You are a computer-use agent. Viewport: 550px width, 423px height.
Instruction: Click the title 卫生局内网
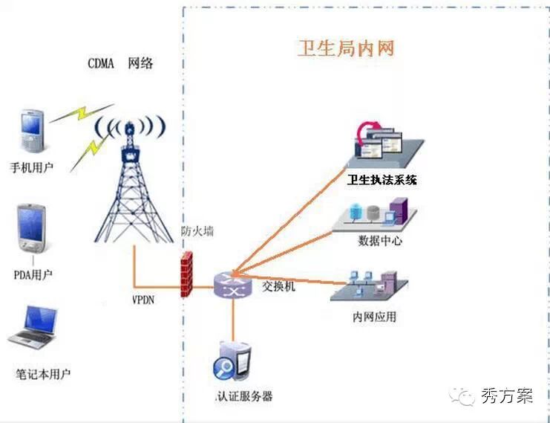(346, 49)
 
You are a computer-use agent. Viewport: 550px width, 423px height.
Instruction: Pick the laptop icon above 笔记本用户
(33, 328)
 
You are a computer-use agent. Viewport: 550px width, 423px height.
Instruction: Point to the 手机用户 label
(31, 167)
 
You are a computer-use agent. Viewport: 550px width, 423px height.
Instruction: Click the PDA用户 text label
(33, 275)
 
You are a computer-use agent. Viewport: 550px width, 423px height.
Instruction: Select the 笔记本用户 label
(43, 373)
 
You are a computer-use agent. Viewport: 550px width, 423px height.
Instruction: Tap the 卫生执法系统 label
(382, 180)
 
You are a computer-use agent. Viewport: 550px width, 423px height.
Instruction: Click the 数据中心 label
(380, 241)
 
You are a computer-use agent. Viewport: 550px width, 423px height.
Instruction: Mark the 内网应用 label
(374, 317)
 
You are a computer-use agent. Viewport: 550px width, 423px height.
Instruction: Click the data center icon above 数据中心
(380, 213)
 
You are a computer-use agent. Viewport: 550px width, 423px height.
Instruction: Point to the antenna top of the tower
(130, 128)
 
